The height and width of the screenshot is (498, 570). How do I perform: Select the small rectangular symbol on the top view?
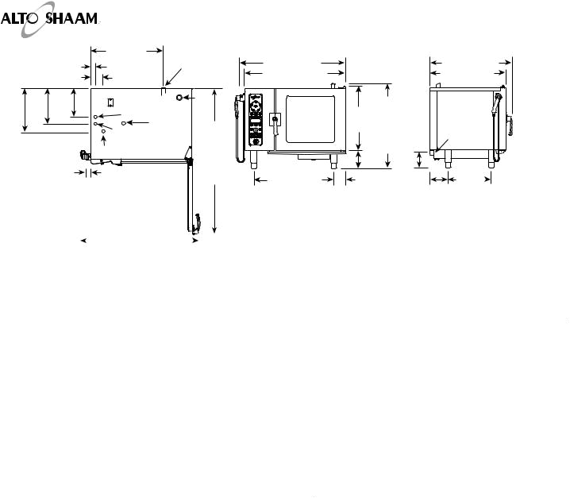coord(111,101)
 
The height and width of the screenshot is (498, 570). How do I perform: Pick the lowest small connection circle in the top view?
coord(104,132)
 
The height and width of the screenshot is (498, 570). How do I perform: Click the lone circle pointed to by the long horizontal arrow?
coord(124,124)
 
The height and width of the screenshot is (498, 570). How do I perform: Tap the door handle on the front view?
coord(275,119)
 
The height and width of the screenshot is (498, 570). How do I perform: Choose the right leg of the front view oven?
coord(333,160)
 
